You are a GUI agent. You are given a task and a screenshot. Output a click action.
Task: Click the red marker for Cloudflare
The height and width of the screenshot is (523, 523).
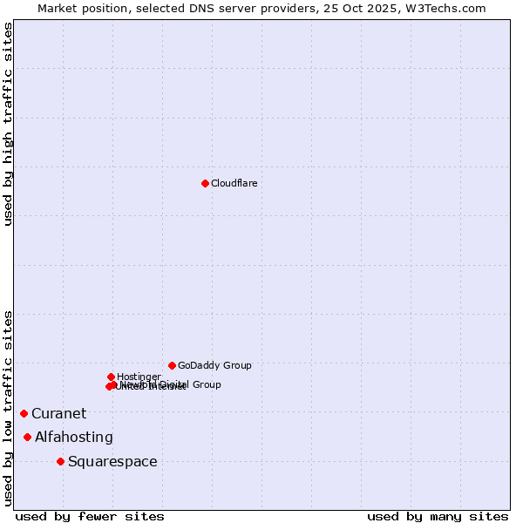pyautogui.click(x=205, y=183)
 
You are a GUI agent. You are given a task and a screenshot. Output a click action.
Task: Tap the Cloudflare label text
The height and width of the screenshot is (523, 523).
pyautogui.click(x=234, y=183)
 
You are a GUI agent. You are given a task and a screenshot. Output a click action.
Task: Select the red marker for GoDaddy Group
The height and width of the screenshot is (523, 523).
pyautogui.click(x=172, y=365)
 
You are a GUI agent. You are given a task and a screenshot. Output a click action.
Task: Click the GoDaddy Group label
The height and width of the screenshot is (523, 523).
pyautogui.click(x=214, y=365)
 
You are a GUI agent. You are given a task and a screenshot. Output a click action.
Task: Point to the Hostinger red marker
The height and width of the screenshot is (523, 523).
pyautogui.click(x=111, y=377)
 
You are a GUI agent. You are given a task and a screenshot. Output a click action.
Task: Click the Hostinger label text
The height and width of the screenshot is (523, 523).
pyautogui.click(x=139, y=377)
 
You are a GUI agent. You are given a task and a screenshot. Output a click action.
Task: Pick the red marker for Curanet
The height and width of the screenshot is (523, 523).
pyautogui.click(x=24, y=413)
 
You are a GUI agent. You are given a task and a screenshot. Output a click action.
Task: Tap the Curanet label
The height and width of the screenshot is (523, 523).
pyautogui.click(x=59, y=413)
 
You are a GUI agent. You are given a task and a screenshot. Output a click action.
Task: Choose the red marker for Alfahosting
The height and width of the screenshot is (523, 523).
pyautogui.click(x=28, y=437)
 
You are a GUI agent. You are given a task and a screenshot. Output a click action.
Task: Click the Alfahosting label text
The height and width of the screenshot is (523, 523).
pyautogui.click(x=74, y=437)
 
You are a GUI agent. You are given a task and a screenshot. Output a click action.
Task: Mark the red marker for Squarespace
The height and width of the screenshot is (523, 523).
pyautogui.click(x=60, y=461)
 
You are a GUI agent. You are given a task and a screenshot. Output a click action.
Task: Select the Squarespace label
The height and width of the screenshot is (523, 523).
pyautogui.click(x=112, y=461)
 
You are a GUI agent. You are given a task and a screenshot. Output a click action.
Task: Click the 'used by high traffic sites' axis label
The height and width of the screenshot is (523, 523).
pyautogui.click(x=9, y=124)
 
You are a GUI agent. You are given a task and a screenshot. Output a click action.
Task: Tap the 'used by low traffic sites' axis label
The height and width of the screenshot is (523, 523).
pyautogui.click(x=9, y=408)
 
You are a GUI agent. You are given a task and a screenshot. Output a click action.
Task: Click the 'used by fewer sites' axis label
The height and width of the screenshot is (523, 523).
pyautogui.click(x=90, y=517)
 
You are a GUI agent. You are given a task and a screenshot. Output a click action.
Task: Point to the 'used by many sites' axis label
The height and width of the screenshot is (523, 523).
pyautogui.click(x=438, y=517)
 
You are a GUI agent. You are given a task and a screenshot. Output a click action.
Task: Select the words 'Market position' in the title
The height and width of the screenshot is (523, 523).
pyautogui.click(x=78, y=8)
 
